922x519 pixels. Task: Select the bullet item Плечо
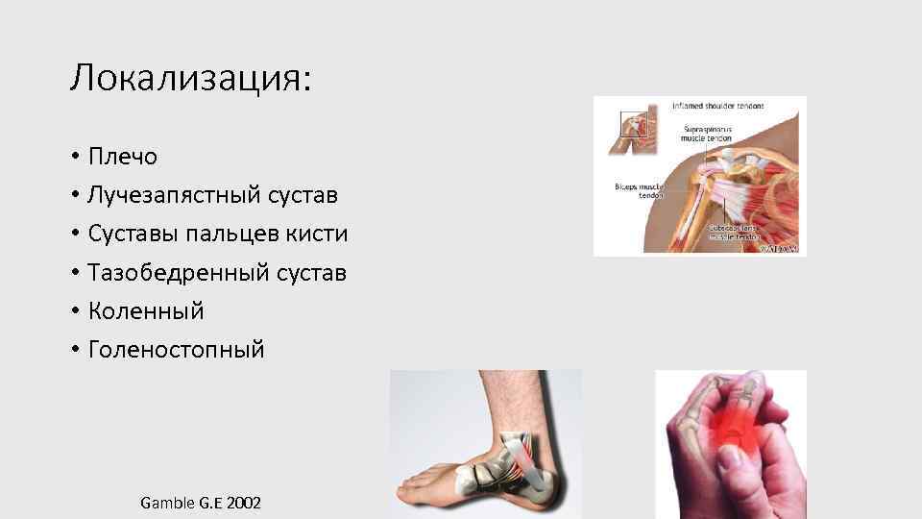click(122, 156)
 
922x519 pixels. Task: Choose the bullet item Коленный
click(146, 311)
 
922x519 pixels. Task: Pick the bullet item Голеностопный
click(176, 350)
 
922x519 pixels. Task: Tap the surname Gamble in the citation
click(167, 502)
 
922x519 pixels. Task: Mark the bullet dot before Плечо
click(74, 157)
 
